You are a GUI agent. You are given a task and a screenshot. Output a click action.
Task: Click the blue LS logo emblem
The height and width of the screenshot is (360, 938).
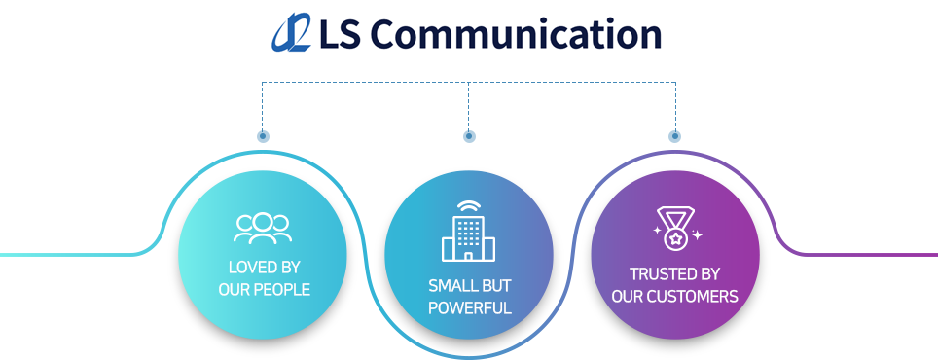pos(291,32)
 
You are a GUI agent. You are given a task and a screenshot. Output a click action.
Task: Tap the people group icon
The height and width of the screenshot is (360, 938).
pos(264,229)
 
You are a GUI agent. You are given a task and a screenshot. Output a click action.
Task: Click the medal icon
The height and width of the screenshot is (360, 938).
pos(675,228)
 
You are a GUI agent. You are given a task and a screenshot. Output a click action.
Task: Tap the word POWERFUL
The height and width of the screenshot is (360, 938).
pos(470,308)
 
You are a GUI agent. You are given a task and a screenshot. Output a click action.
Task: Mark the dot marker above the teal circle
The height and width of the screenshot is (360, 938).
pos(263,136)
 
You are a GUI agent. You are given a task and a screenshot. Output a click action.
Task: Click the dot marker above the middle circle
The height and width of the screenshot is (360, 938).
pos(469,136)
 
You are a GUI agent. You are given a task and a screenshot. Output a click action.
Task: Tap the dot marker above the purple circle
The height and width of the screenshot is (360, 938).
pos(674,136)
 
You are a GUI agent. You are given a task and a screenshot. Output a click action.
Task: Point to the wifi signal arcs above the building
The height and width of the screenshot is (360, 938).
pos(468,207)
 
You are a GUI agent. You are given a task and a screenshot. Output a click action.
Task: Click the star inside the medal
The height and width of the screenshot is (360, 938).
pos(674,239)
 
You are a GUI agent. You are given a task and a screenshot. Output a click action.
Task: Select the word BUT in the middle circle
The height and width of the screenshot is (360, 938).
pos(493,285)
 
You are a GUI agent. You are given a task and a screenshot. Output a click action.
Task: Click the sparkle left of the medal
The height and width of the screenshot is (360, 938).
pos(657,230)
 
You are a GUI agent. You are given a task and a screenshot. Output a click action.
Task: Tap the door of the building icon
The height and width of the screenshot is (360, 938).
pos(468,256)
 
